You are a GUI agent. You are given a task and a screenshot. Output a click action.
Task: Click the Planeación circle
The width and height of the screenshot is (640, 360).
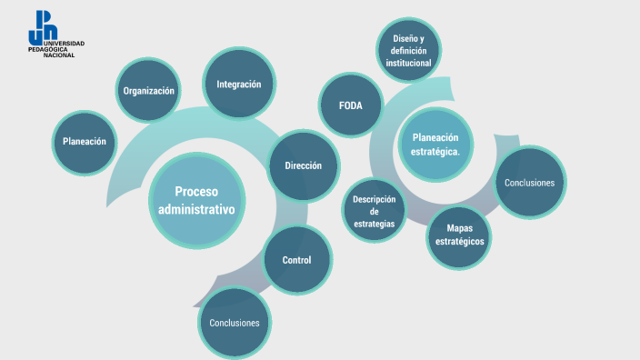coord(85,141)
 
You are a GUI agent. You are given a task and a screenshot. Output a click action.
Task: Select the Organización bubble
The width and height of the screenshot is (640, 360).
coord(149,91)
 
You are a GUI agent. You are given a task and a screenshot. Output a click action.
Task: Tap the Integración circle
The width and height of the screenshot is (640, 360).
coord(238,85)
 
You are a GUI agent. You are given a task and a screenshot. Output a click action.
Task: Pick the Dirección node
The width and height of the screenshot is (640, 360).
coord(303,165)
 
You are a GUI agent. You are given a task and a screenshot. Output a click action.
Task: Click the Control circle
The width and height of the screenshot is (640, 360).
coord(296,260)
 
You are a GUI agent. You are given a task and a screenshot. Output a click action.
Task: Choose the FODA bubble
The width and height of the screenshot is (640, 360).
coord(351,105)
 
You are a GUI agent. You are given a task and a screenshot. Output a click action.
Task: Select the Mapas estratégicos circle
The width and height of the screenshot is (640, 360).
coord(459,235)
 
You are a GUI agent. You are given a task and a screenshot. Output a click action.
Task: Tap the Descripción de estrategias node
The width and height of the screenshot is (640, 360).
coord(374,211)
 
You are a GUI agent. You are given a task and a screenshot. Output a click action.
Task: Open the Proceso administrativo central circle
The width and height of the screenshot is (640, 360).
coord(196,200)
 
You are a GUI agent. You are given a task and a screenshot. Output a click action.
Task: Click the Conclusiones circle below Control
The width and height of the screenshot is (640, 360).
coord(235,323)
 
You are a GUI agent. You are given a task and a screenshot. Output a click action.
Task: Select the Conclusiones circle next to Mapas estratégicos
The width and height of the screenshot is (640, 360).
coord(529,183)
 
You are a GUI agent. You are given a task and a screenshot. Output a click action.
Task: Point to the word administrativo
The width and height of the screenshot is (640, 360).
coord(196,210)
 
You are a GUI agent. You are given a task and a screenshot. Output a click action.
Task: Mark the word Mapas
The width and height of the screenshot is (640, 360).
coord(459,228)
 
